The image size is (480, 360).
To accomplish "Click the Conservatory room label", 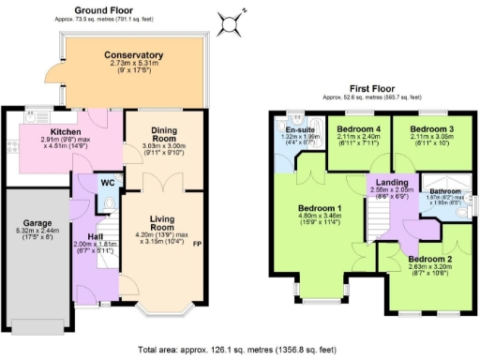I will [x=133, y=55].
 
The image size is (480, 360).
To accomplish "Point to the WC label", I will [x=108, y=182].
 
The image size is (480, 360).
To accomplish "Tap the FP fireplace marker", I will [x=197, y=245].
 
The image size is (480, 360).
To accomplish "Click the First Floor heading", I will [x=371, y=89].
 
